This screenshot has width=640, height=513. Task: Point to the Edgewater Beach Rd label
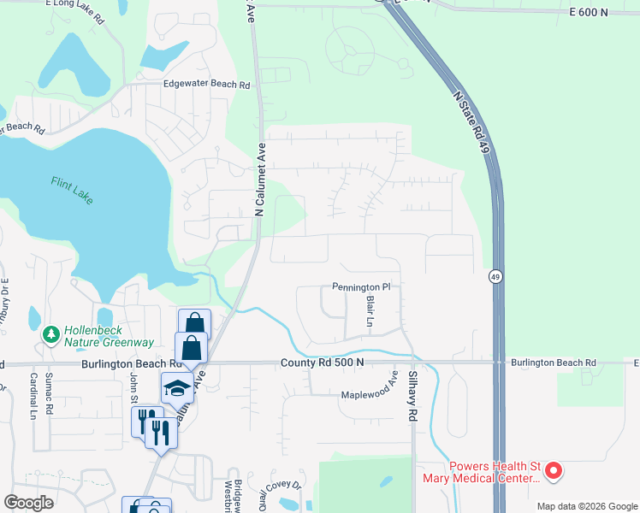pos(206,85)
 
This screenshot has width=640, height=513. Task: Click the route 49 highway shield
pos(495,276)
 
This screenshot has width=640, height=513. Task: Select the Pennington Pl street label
pos(361,287)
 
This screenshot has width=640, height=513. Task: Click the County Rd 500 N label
pos(322,363)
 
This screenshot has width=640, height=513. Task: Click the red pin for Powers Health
pos(554,470)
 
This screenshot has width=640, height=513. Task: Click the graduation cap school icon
pos(177,387)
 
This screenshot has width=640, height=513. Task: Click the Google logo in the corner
pos(29,502)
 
